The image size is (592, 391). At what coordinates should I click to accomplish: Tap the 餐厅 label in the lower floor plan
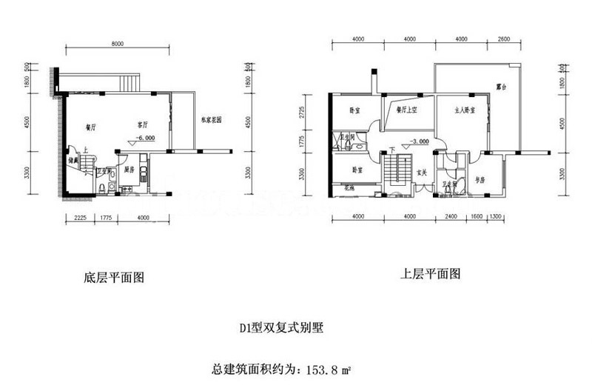(x=92, y=127)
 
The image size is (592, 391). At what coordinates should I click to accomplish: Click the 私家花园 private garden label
(x=212, y=121)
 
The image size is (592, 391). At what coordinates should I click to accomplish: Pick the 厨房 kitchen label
(x=128, y=170)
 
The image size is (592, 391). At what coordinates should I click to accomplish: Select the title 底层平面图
(x=113, y=278)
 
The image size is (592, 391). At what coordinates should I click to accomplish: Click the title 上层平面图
(x=431, y=273)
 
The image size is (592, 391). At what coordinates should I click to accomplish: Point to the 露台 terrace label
(x=501, y=87)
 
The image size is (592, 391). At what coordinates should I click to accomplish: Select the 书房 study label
(x=479, y=180)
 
